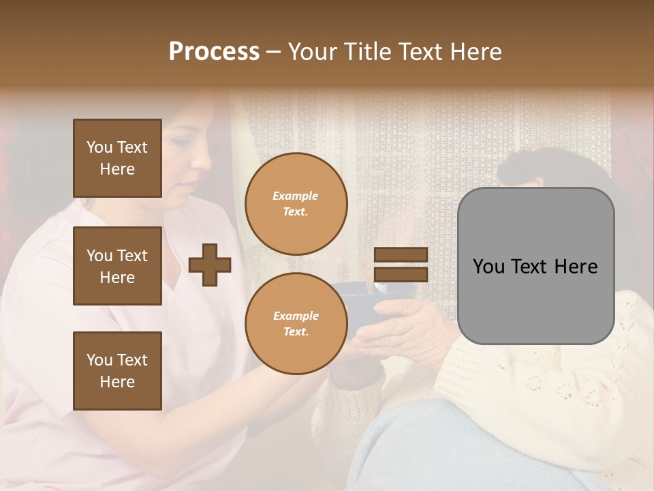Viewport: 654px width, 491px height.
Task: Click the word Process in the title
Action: pos(214,52)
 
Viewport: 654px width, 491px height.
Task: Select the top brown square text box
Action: pos(117,158)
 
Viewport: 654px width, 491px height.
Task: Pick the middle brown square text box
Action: pos(117,266)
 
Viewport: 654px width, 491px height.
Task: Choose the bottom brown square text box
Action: pos(117,370)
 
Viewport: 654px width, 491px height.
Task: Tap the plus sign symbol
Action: pos(210,265)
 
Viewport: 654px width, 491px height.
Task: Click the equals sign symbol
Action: pos(401,265)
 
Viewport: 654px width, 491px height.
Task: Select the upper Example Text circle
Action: pos(296,204)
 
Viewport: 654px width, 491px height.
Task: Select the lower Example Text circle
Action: pos(296,324)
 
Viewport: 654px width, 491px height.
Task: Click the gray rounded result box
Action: pos(535,266)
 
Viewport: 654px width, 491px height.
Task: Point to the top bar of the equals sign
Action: pos(401,255)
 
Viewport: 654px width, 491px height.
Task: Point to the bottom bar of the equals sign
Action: pos(401,274)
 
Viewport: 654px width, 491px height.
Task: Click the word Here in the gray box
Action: pos(576,267)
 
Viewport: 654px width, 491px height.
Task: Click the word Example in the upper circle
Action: pos(296,196)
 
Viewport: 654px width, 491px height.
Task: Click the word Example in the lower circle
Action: pos(296,316)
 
